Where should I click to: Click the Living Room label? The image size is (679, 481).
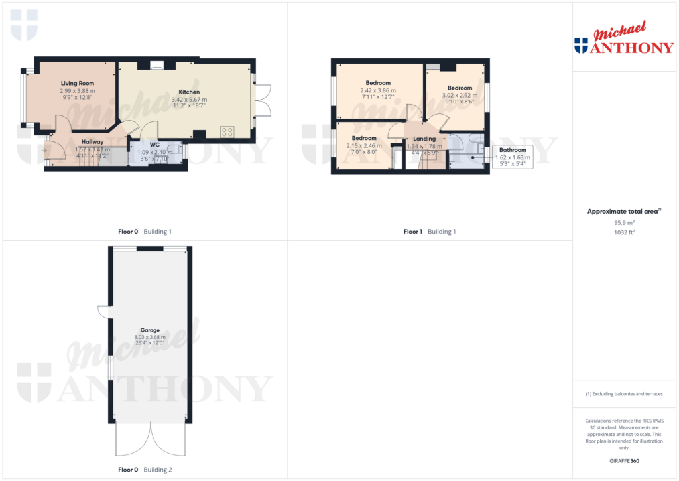[x=78, y=84]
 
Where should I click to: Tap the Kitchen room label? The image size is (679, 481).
[x=189, y=92]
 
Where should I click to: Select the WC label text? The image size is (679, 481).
[x=154, y=144]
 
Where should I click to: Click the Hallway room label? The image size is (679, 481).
[x=93, y=141]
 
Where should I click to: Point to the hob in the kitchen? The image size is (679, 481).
[x=228, y=131]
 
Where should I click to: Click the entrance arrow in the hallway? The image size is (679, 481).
[x=44, y=150]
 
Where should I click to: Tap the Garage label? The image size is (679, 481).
[x=150, y=330]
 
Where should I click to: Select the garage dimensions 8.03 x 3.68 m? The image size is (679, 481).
[x=150, y=337]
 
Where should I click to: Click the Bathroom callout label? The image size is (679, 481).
[x=513, y=150]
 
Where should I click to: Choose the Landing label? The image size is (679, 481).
[x=424, y=139]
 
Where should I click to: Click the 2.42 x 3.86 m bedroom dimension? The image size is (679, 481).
[x=378, y=90]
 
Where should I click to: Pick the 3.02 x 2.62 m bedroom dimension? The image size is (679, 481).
[x=460, y=95]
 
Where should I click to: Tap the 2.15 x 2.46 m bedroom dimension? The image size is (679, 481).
[x=364, y=145]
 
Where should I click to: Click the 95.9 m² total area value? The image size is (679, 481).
[x=624, y=223]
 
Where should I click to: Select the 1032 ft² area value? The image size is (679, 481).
[x=624, y=232]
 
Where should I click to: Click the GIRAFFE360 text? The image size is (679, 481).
[x=624, y=461]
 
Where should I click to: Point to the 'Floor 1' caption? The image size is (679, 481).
[x=412, y=232]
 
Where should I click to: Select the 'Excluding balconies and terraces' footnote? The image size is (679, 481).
[x=624, y=394]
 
